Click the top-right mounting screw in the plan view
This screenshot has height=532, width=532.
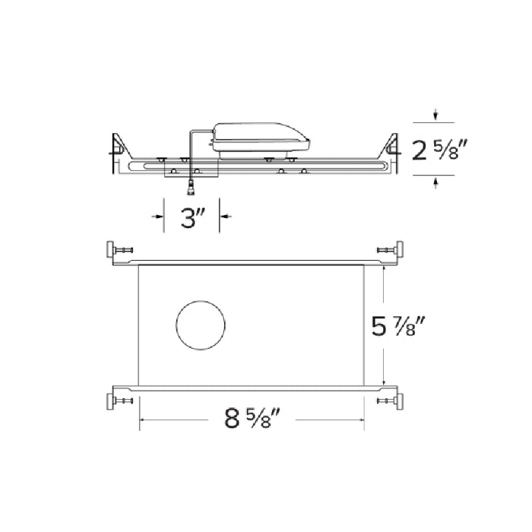click(x=390, y=249)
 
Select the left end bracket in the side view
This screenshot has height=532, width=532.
click(x=119, y=152)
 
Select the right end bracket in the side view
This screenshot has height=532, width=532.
click(x=392, y=152)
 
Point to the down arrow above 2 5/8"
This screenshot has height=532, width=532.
click(x=435, y=116)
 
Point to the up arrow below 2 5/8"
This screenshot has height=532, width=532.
click(x=435, y=181)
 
